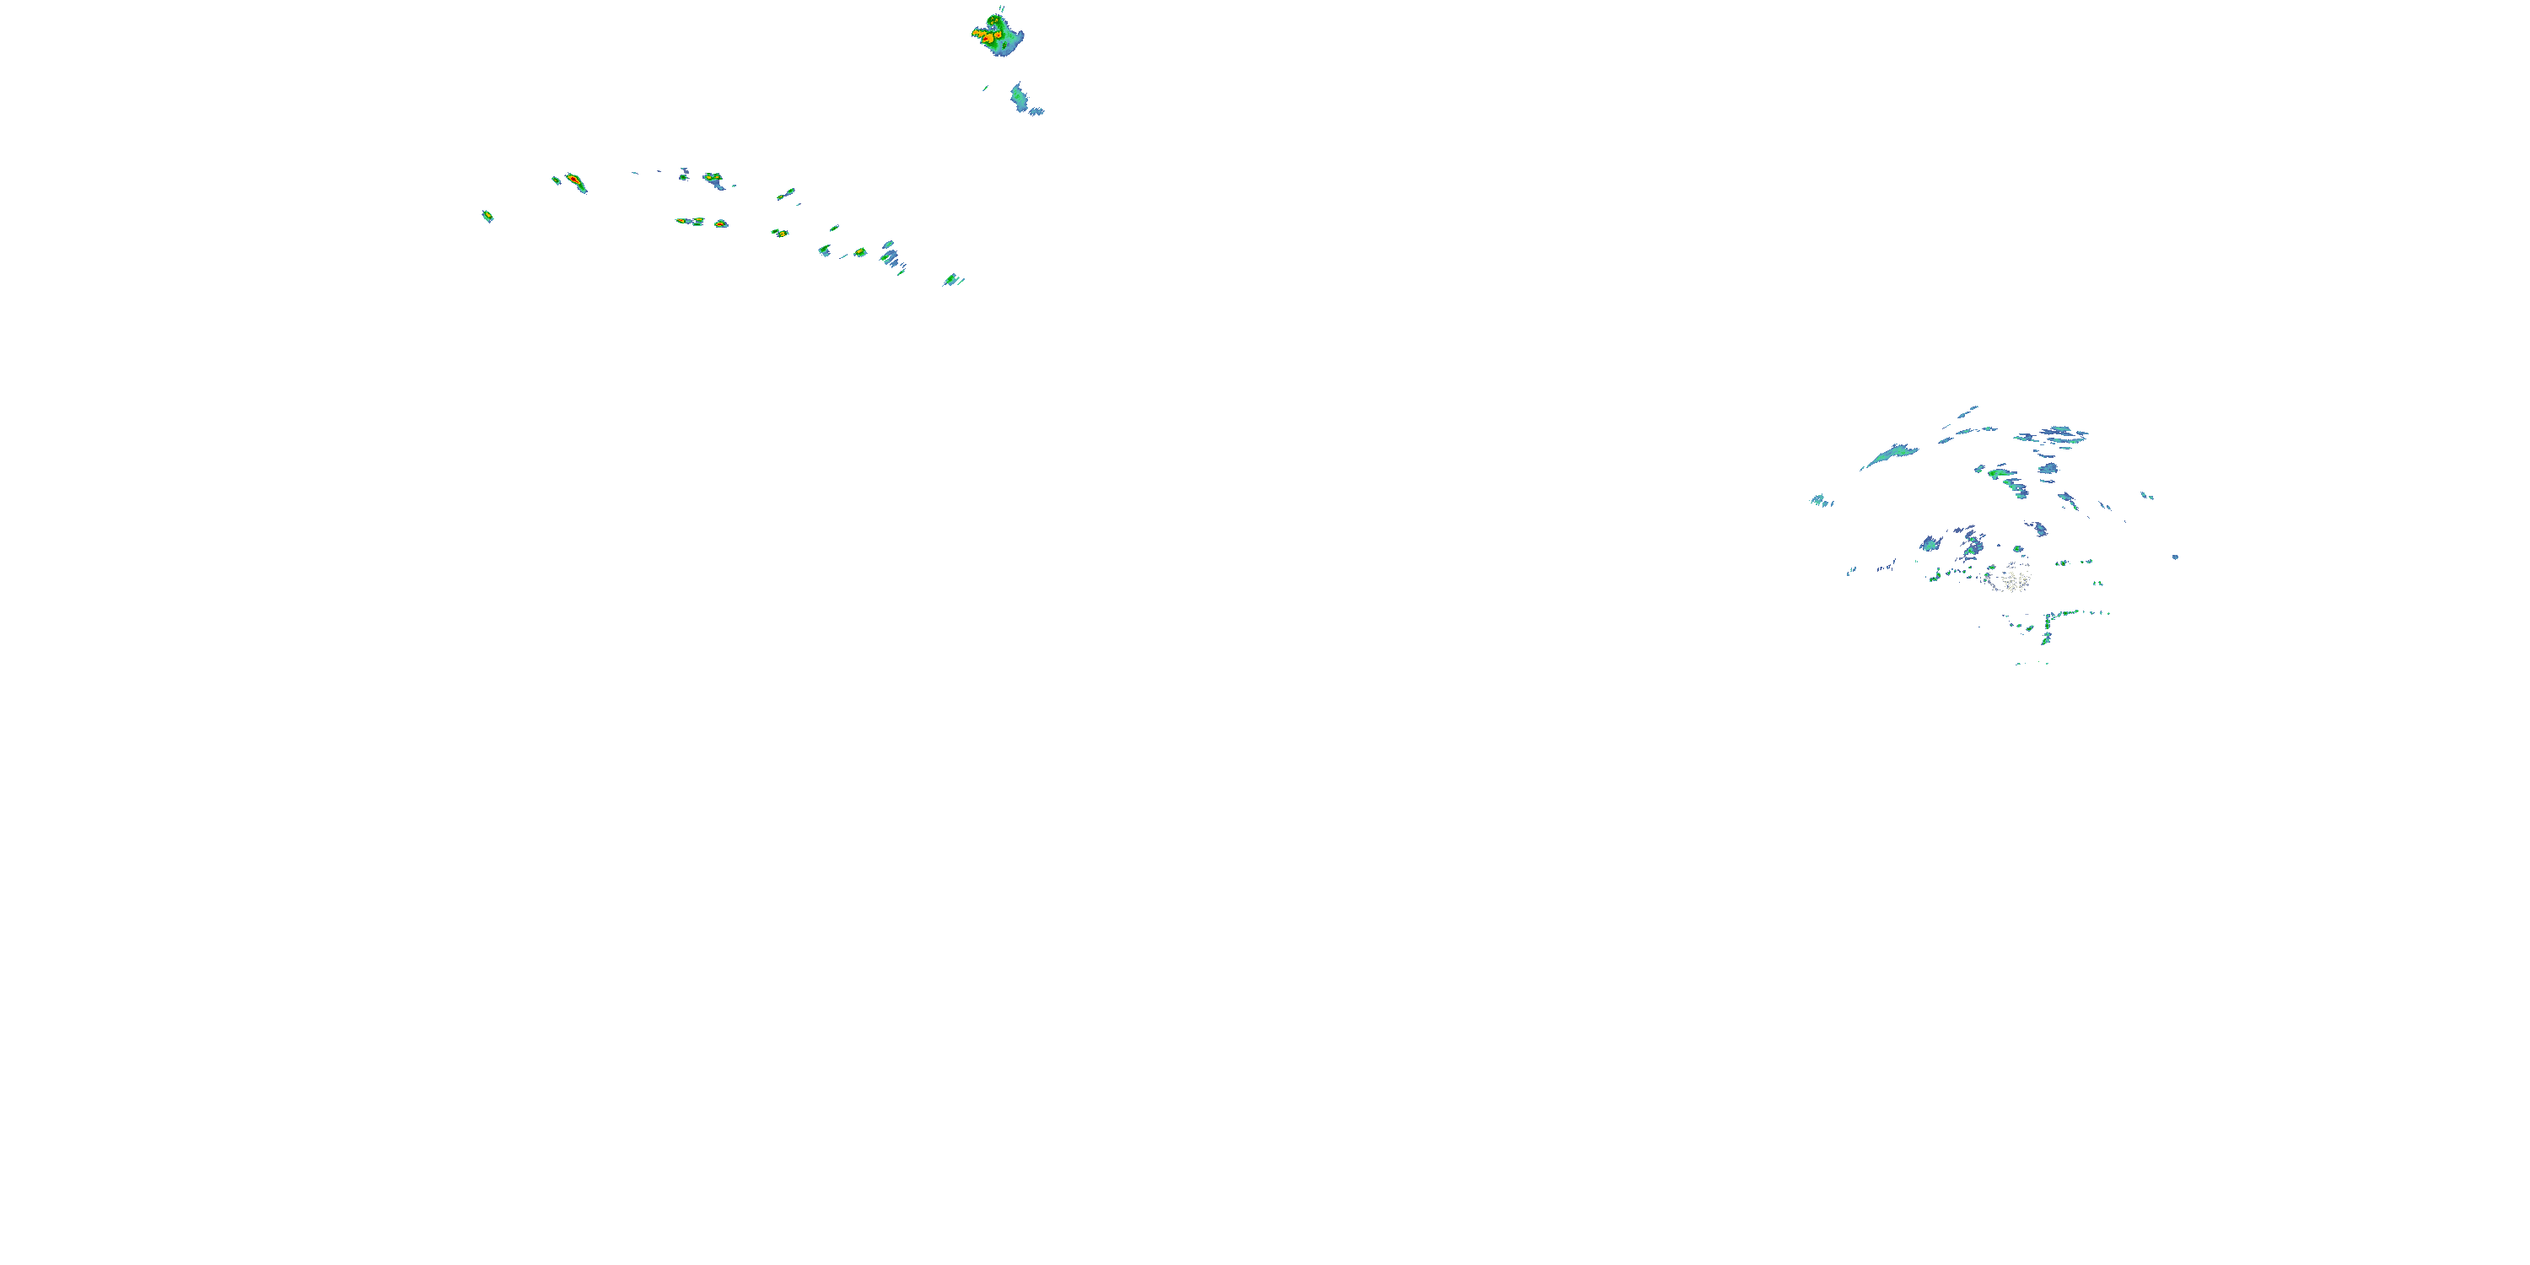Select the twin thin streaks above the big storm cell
tap(1002, 8)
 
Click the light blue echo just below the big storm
tap(1019, 96)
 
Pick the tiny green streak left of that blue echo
tap(985, 89)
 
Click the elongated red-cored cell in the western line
tap(574, 181)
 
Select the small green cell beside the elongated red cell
tap(556, 180)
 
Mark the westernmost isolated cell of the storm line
tap(487, 215)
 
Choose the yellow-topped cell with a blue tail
tap(713, 179)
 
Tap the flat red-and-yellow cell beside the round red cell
tap(687, 221)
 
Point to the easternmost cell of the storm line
tap(950, 280)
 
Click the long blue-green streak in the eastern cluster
tap(1890, 455)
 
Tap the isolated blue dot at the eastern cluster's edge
tap(2176, 557)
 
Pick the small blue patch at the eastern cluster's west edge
tap(1818, 500)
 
